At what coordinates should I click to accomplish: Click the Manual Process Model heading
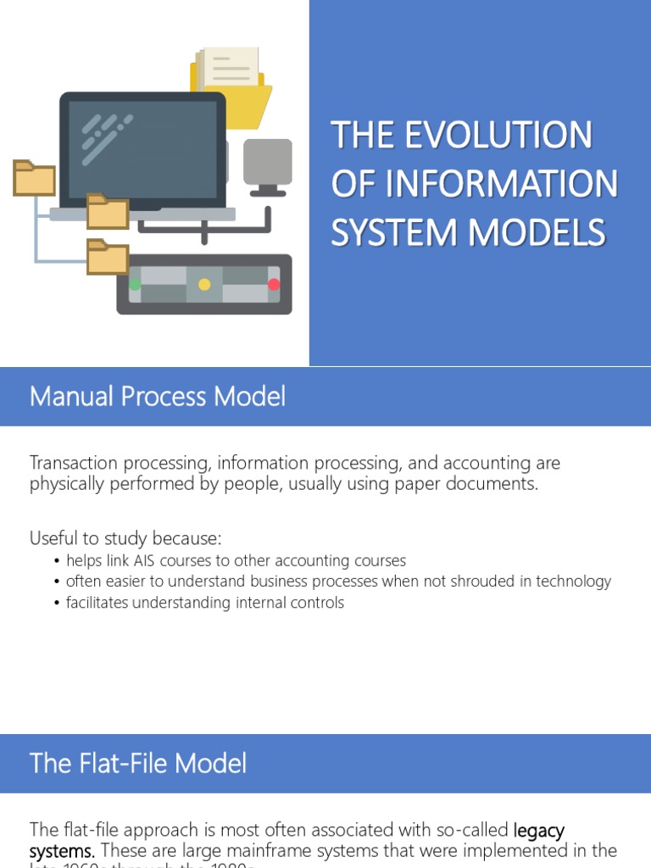158,397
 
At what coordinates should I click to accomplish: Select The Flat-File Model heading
138,764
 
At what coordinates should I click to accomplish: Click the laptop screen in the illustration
142,148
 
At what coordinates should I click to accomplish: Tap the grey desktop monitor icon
268,163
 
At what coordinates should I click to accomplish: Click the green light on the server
135,285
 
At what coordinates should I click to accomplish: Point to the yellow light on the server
204,285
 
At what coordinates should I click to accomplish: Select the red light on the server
274,285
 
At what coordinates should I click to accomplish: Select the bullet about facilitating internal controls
204,603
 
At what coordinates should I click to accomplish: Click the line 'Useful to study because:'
125,538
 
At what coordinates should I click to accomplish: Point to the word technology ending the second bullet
570,581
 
